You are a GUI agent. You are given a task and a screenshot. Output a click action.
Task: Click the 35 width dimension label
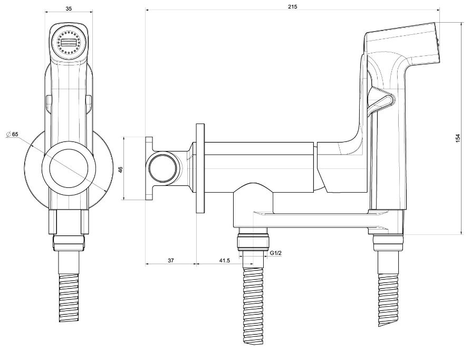coord(69,8)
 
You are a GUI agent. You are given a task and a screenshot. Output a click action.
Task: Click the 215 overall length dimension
coord(293,6)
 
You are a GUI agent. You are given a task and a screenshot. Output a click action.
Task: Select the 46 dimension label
coord(120,169)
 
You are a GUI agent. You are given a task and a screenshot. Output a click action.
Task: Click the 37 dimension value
coord(171,261)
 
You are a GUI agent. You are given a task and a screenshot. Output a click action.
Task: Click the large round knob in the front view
coord(69,169)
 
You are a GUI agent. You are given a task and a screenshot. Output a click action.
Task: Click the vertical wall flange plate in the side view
coord(200,169)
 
